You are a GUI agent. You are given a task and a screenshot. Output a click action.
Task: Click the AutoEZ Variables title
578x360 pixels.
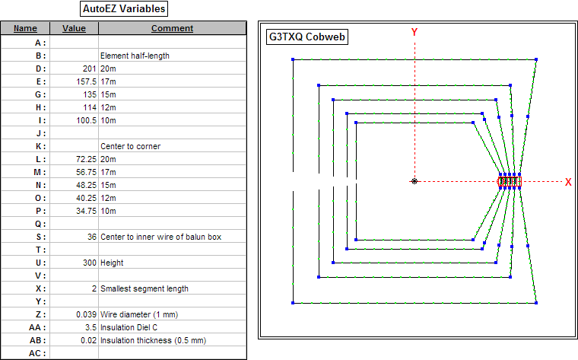(123, 9)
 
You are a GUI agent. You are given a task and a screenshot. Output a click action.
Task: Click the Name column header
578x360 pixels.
(25, 28)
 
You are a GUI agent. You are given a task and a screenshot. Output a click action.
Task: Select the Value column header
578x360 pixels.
(74, 28)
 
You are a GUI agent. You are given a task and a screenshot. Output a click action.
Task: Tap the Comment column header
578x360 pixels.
(172, 28)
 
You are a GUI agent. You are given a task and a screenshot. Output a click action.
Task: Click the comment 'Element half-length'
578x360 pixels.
(135, 56)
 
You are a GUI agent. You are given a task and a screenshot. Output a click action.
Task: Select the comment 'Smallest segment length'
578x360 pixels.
(144, 288)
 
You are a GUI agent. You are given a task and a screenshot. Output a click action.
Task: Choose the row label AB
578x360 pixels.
(40, 340)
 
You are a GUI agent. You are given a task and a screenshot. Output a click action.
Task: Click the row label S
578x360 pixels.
(43, 237)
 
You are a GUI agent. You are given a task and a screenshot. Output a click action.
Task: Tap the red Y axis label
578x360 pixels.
(414, 32)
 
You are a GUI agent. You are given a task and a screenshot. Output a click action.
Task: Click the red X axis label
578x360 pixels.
(567, 182)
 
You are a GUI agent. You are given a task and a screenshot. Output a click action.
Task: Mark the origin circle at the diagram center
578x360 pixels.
(414, 181)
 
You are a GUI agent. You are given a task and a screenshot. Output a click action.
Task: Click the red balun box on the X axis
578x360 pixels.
(510, 181)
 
